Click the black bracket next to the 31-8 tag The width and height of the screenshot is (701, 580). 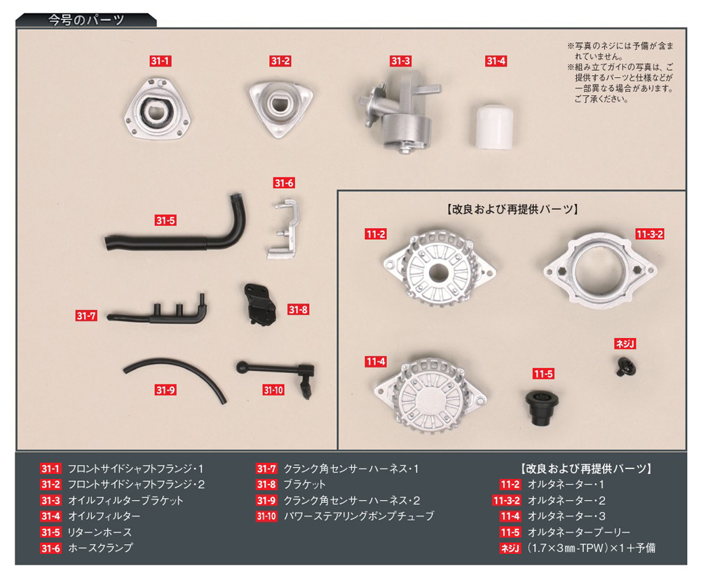258,304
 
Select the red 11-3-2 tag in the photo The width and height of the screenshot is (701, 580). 650,234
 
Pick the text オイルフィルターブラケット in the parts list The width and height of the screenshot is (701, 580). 125,500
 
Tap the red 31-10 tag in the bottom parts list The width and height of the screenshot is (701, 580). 266,516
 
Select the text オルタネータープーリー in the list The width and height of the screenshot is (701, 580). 578,532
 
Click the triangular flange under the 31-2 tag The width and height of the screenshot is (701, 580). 279,106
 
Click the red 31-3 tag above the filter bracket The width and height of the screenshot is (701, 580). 400,61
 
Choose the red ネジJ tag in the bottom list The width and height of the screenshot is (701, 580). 509,548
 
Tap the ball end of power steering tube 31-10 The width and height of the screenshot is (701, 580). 240,366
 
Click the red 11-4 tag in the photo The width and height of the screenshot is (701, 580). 375,362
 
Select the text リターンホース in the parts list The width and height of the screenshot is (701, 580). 100,532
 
